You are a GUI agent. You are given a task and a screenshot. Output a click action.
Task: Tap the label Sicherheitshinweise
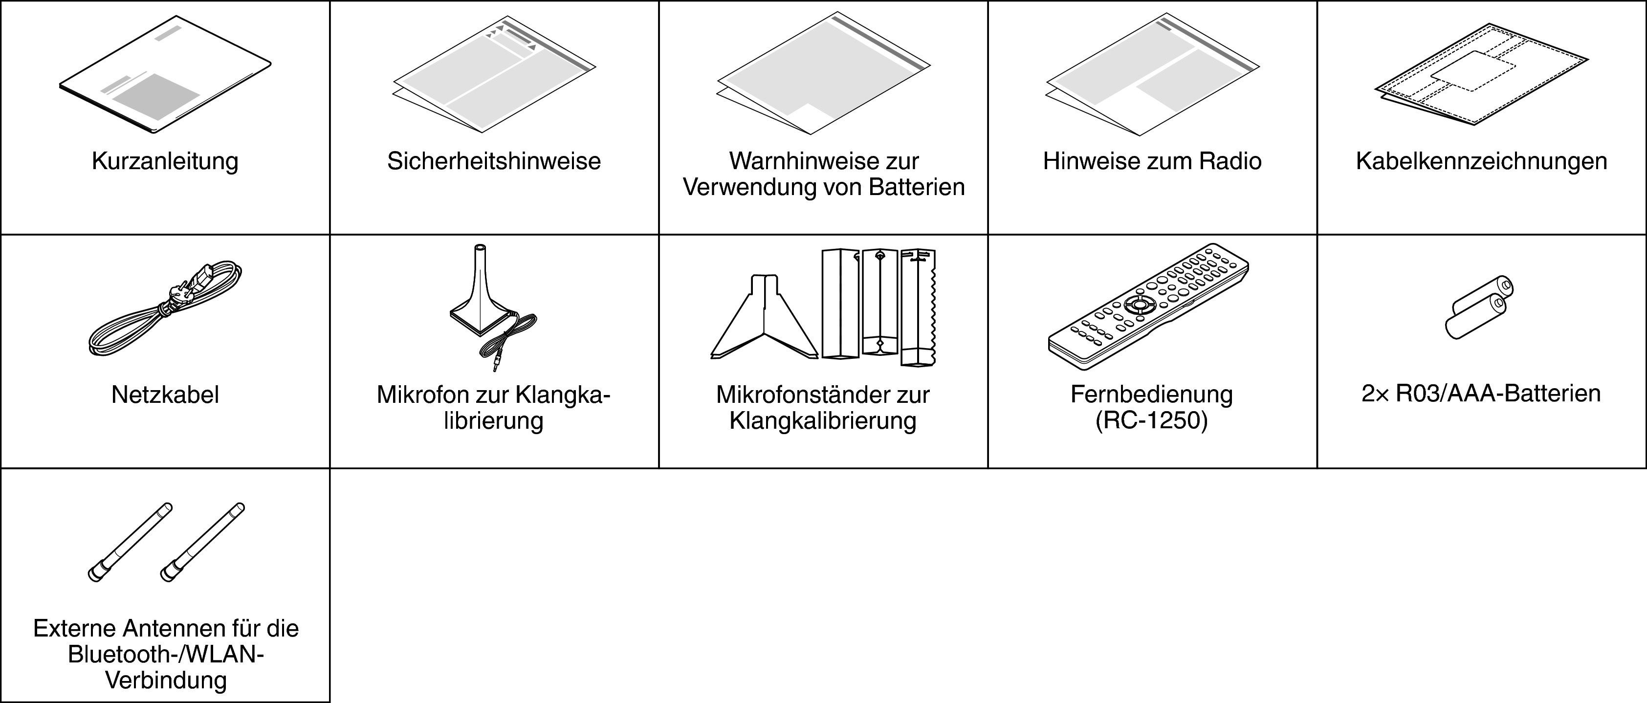[494, 161]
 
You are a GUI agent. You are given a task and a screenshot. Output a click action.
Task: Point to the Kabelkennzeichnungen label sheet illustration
[1481, 74]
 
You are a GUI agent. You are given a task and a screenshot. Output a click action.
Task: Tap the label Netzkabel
[165, 395]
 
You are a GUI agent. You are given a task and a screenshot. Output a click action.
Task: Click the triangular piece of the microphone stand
[764, 317]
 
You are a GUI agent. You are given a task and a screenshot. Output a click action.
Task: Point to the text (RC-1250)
[1151, 421]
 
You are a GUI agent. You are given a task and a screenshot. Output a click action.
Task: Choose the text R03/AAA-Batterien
[1498, 394]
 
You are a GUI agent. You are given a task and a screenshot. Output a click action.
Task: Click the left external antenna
[130, 542]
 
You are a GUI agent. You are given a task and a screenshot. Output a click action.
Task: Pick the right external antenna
[202, 542]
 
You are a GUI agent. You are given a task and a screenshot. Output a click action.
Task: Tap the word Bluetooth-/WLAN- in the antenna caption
[166, 655]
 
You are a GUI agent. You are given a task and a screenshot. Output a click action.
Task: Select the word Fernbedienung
[1151, 395]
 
